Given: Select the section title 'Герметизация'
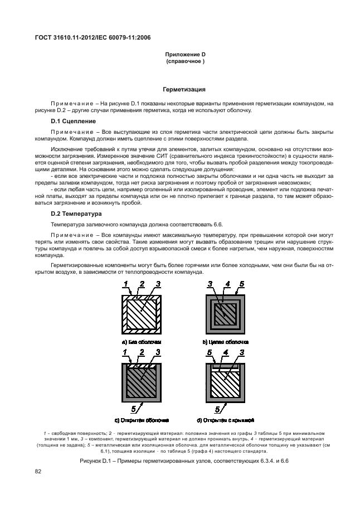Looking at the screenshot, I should [184, 89].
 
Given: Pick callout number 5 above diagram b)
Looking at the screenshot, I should [241, 284].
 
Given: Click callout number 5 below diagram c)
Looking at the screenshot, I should [133, 409].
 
